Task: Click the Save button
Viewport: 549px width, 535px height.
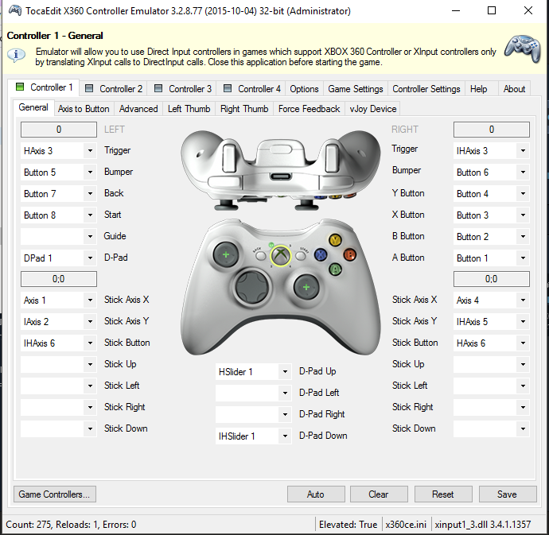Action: tap(508, 494)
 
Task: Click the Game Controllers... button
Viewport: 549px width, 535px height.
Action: tap(55, 494)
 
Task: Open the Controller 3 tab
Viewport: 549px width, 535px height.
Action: tap(183, 89)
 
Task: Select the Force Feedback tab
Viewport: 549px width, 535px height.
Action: tap(309, 109)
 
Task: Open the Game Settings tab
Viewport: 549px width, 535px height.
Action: tap(356, 89)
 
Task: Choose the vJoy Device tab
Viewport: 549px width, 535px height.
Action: tap(373, 109)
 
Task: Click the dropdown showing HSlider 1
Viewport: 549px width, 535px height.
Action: tap(253, 371)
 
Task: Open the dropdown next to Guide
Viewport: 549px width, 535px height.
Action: tap(58, 237)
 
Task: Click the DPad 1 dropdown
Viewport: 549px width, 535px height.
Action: tap(58, 258)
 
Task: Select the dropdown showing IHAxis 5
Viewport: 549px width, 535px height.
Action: tap(491, 322)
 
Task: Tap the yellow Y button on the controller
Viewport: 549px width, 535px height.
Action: tap(335, 240)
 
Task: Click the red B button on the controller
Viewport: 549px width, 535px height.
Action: tap(349, 254)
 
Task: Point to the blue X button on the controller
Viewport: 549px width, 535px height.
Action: tap(321, 254)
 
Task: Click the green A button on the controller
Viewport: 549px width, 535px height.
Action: tap(335, 269)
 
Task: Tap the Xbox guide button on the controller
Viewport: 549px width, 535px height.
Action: tap(280, 255)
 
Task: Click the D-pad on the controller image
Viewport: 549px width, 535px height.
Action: tap(252, 286)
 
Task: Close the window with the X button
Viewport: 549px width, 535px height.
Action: tap(528, 11)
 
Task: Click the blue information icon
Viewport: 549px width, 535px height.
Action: tap(16, 56)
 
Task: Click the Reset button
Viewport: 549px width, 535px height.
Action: tap(443, 494)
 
